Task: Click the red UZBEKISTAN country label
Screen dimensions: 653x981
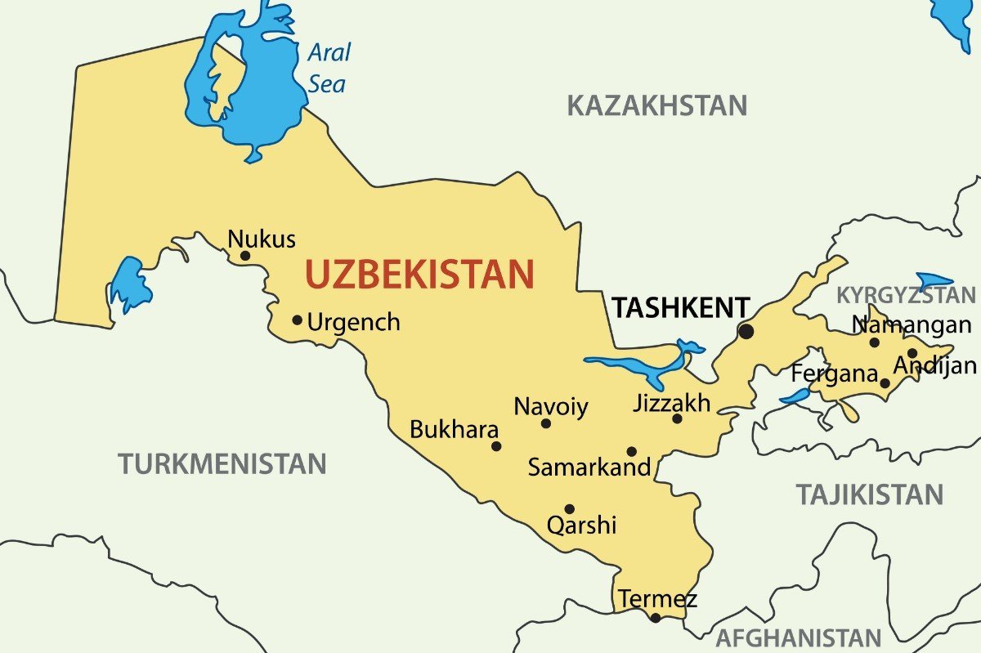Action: pos(419,275)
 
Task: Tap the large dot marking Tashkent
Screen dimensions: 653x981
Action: pos(746,331)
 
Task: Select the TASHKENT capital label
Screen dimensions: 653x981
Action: pos(681,308)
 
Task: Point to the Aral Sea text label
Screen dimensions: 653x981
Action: pos(328,68)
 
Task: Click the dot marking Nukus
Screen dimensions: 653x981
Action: pos(244,256)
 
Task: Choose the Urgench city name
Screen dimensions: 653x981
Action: pos(354,322)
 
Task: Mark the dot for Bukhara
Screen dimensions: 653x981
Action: pos(496,446)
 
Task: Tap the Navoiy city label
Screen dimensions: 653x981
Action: pos(551,406)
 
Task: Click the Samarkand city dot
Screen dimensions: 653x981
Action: pos(631,451)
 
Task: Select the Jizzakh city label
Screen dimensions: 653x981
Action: pos(672,403)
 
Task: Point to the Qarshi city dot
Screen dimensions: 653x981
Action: pos(570,508)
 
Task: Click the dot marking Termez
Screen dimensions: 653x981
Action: pos(655,618)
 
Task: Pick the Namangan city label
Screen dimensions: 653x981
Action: pos(912,325)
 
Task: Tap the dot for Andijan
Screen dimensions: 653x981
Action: pos(912,353)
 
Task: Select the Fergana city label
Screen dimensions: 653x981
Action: pos(834,374)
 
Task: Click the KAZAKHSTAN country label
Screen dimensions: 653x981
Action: pos(657,105)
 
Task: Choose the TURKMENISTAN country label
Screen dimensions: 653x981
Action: pos(222,464)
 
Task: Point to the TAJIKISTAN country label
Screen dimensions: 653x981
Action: pos(870,494)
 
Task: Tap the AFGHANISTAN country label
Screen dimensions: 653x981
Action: pos(798,637)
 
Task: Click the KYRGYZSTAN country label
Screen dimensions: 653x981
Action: pos(906,295)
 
